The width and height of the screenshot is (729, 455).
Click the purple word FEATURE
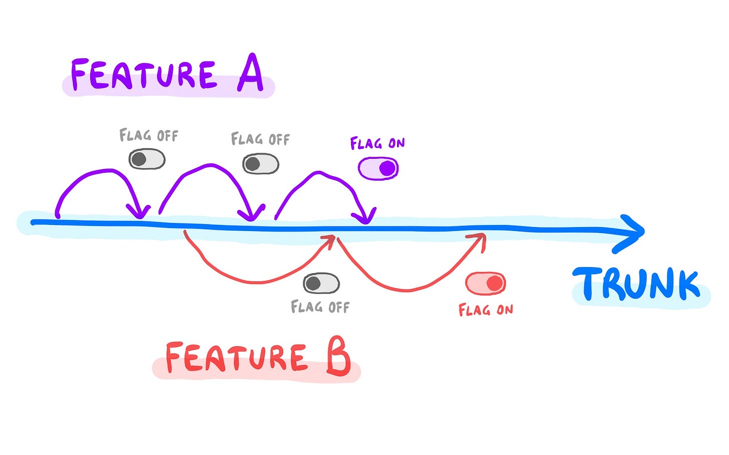pos(144,75)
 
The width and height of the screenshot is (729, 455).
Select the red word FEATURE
pos(236,358)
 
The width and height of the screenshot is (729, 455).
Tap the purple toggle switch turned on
pos(378,168)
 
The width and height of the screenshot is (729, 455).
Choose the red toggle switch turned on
pos(485,284)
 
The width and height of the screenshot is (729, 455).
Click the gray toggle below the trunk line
pos(321,284)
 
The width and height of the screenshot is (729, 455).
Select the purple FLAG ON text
pos(378,144)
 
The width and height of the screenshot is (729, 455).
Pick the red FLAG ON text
pos(486,310)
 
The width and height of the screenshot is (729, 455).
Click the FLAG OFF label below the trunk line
pos(320,307)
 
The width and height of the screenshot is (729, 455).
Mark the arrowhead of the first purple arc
pos(139,212)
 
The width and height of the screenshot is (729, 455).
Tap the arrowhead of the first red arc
pos(328,240)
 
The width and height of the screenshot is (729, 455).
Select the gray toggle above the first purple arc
pos(147,159)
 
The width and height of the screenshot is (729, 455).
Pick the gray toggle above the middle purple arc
pos(260,164)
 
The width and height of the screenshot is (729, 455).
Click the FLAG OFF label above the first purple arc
pos(149,135)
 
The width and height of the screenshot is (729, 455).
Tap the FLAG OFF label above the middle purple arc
pos(260,139)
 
